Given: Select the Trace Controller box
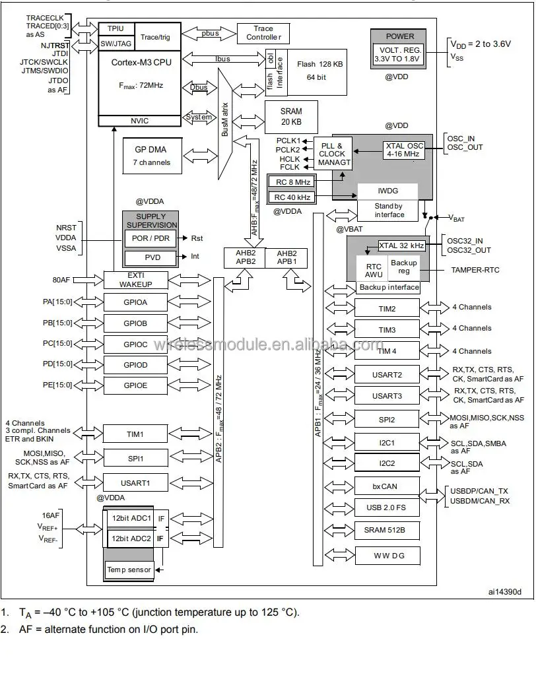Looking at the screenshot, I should [x=263, y=33].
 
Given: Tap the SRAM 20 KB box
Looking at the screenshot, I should [x=291, y=116].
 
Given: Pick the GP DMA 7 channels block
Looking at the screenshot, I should [x=152, y=156].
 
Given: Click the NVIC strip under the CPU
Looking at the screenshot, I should [x=139, y=120].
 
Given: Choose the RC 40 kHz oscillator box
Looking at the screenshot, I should [x=292, y=197].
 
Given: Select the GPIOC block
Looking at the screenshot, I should [x=135, y=344].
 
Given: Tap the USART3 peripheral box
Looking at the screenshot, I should [x=387, y=395].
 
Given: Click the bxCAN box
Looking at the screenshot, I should [x=387, y=486].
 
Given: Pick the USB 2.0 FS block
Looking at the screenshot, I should [x=387, y=507].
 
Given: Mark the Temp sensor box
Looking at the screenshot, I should [x=129, y=570].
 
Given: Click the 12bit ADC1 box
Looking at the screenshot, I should [x=131, y=519].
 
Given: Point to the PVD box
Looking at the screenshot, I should [x=151, y=257].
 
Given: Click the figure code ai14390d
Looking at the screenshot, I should [x=504, y=592].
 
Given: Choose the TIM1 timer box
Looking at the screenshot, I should [x=135, y=434].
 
